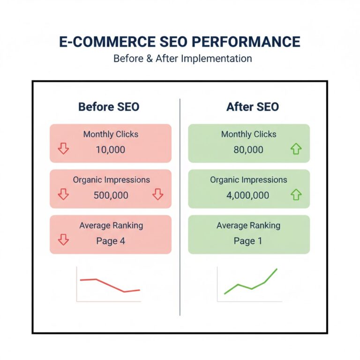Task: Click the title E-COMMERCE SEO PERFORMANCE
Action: coord(180,42)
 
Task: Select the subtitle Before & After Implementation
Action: coord(182,59)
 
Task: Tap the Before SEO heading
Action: coord(109,107)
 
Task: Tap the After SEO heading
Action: coord(252,107)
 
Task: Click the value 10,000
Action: coord(111,150)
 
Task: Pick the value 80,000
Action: coord(248,150)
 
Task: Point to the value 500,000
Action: coord(111,195)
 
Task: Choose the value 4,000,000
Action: coord(248,195)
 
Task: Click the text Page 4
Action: coord(111,241)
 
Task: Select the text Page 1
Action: coord(248,241)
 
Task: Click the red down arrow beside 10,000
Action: coord(63,149)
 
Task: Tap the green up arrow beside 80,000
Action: coord(296,150)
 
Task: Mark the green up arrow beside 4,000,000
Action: coord(296,195)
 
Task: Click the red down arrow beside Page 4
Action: coord(63,240)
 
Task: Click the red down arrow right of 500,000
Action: coord(158,195)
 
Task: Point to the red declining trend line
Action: coord(111,285)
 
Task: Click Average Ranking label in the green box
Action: coord(248,225)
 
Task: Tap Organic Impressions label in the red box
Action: coord(111,180)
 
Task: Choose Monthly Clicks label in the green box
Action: coord(249,135)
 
